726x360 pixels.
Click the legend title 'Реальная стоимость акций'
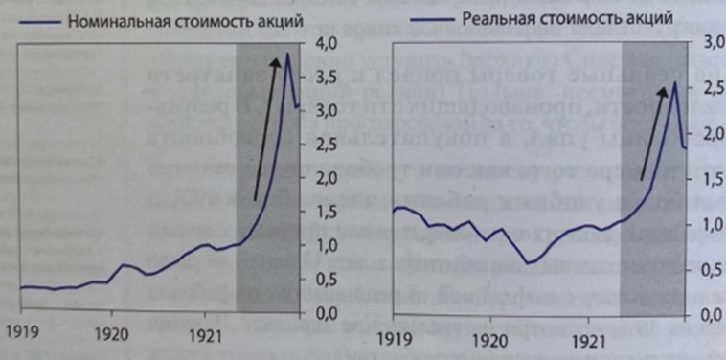pyautogui.click(x=567, y=18)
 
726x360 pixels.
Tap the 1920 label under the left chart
pyautogui.click(x=112, y=337)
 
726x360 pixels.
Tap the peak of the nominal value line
pyautogui.click(x=288, y=54)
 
